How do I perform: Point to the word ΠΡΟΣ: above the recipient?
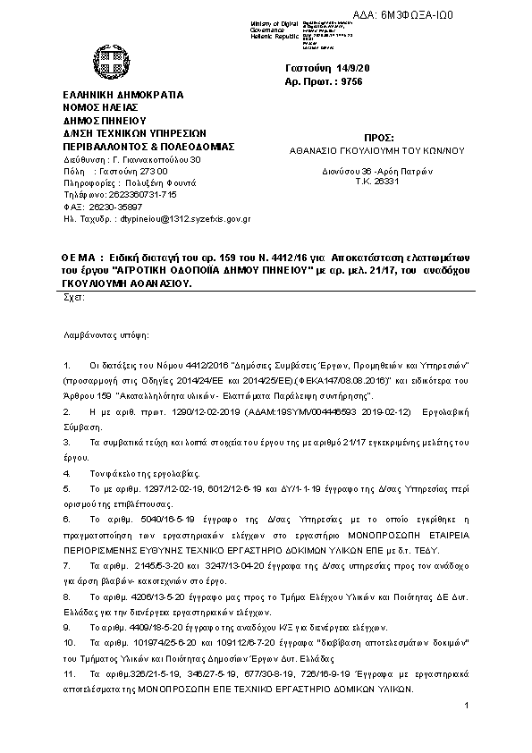(x=379, y=138)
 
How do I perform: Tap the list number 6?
(x=67, y=518)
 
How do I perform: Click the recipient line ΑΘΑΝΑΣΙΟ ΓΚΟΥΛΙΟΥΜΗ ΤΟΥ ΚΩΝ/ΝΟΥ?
(x=378, y=151)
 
